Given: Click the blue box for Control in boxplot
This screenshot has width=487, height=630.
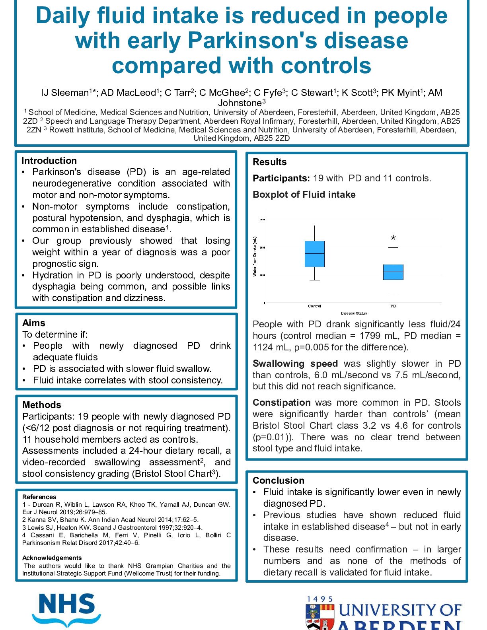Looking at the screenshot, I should pyautogui.click(x=314, y=254).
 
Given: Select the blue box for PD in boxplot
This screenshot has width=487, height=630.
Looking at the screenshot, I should pyautogui.click(x=393, y=272).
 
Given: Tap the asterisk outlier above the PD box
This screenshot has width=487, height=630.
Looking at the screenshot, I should pyautogui.click(x=393, y=238).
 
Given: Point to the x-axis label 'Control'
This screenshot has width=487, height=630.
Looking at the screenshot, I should pyautogui.click(x=314, y=306).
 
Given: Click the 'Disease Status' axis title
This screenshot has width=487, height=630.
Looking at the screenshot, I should pyautogui.click(x=354, y=313).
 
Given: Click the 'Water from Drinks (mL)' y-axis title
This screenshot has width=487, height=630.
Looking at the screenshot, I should pyautogui.click(x=255, y=257).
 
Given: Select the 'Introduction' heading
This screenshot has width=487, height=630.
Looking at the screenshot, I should pyautogui.click(x=49, y=161).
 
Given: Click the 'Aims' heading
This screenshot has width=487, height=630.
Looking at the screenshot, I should pyautogui.click(x=34, y=323).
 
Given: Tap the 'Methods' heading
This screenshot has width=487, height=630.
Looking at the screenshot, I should pyautogui.click(x=42, y=405).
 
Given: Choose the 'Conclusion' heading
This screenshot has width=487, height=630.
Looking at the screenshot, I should pyautogui.click(x=279, y=480).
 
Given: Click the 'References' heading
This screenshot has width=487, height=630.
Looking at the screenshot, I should pyautogui.click(x=39, y=497).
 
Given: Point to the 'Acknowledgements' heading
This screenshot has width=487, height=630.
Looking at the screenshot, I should pyautogui.click(x=52, y=558).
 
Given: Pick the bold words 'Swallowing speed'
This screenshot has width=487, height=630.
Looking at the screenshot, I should pyautogui.click(x=295, y=364).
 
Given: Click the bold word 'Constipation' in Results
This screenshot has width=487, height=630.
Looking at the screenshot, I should pyautogui.click(x=282, y=402).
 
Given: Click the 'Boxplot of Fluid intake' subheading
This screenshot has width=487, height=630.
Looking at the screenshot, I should pyautogui.click(x=304, y=194).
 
